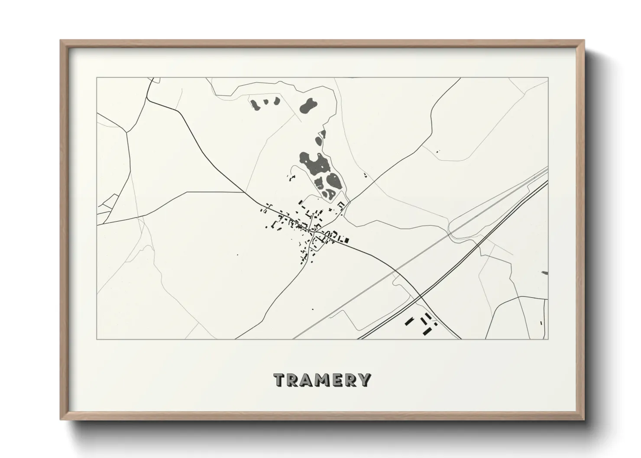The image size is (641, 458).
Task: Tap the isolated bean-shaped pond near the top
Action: [x=308, y=106]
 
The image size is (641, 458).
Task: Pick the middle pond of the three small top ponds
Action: [x=265, y=103]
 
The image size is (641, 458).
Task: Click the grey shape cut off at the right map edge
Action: [x=544, y=273]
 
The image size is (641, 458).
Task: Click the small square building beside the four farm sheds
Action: [x=435, y=323]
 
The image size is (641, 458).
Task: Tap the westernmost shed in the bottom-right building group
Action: [x=408, y=321]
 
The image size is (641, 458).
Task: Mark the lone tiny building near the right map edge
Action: [x=541, y=323]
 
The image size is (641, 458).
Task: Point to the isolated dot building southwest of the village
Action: [x=237, y=255]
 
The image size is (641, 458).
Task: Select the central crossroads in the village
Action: [x=317, y=234]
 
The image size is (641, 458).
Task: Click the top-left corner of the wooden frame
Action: [x=61, y=41]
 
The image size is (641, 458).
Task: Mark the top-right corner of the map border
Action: [x=548, y=78]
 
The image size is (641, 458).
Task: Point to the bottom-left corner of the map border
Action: [x=97, y=339]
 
